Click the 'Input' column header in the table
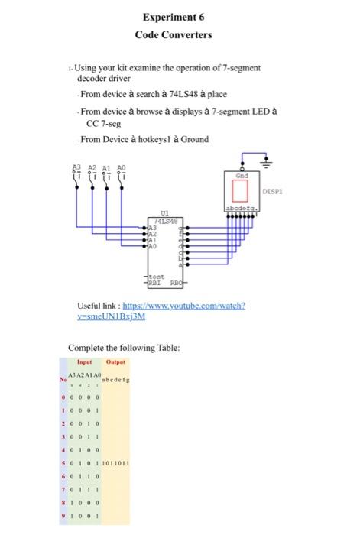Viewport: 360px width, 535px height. (84, 362)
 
